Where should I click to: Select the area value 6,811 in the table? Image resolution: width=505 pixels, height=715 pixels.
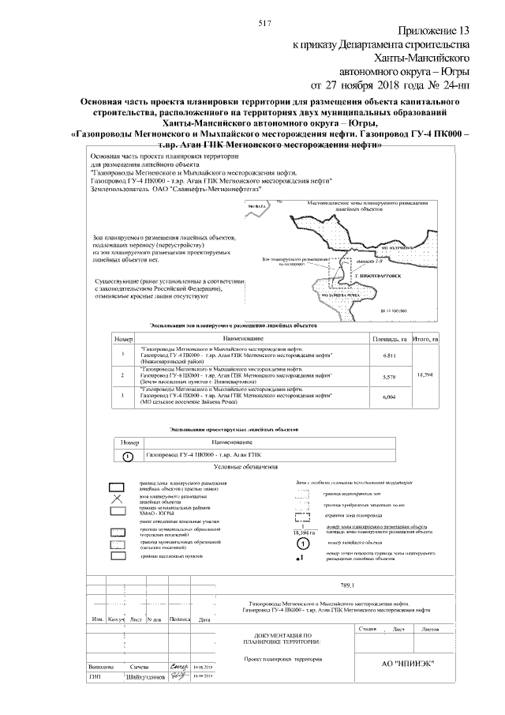pos(388,356)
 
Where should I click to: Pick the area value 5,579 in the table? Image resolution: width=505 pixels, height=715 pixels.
pos(388,377)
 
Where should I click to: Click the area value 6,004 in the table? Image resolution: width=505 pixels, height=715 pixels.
pos(388,397)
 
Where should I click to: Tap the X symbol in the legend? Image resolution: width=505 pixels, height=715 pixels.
pos(118,499)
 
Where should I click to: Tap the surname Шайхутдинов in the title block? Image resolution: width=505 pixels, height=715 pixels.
pos(144,676)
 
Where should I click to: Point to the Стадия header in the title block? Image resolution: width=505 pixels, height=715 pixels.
pos(389,629)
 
